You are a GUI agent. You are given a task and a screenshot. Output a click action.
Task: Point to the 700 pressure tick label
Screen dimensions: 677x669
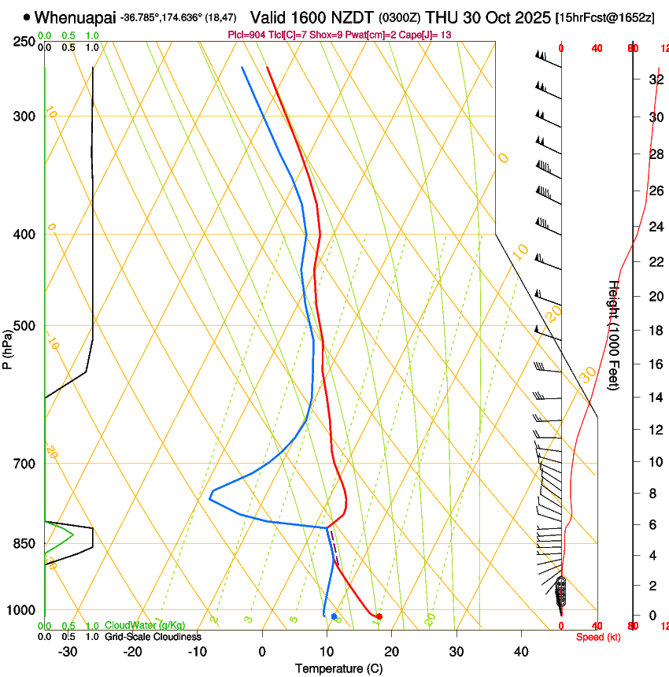pos(24,464)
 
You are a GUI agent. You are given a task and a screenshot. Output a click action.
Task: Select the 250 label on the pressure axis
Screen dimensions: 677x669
pos(24,42)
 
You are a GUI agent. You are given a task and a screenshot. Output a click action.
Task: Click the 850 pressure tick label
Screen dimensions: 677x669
pos(24,544)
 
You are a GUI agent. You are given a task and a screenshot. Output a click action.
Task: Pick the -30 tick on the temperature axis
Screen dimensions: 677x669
pos(68,651)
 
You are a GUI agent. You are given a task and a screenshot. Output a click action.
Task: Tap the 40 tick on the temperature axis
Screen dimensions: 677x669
pos(521,651)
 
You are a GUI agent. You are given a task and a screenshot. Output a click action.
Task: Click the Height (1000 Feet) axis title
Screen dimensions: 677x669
pos(615,335)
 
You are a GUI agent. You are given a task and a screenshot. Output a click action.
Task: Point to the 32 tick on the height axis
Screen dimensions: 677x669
pos(655,80)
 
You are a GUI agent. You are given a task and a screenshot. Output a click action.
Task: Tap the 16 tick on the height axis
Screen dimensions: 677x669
pos(655,364)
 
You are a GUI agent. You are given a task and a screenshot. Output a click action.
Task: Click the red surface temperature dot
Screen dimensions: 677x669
pos(379,616)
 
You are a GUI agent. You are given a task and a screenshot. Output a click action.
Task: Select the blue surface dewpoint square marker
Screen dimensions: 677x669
pos(334,616)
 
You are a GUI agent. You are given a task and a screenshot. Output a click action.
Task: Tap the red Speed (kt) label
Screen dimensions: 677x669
pos(598,636)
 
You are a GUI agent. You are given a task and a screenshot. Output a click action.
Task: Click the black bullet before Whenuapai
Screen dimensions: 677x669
pos(28,17)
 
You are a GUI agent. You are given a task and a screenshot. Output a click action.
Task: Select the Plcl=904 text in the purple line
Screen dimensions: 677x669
pos(246,35)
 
